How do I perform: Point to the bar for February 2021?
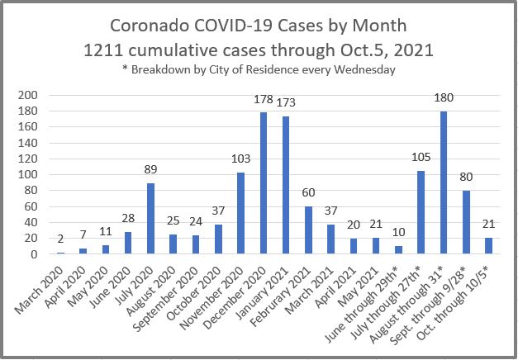pyautogui.click(x=309, y=230)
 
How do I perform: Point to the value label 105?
pyautogui.click(x=421, y=159)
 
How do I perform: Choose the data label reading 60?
pyautogui.click(x=309, y=195)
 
